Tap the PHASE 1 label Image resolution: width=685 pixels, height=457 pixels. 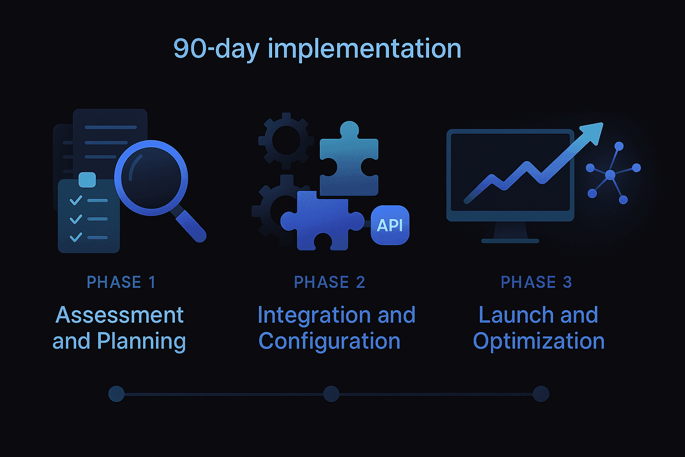coord(121,282)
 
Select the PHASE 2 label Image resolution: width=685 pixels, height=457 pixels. coord(330,282)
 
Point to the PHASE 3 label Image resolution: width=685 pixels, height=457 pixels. coord(536,282)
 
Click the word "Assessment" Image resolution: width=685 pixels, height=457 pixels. coord(120,315)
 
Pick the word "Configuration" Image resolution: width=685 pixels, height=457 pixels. coord(329,341)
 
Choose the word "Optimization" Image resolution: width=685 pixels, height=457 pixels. coord(539,341)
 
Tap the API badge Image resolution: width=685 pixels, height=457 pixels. coord(390,225)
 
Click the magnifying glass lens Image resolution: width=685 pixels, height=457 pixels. coord(151,177)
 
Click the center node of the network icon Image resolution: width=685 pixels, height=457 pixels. coord(610,175)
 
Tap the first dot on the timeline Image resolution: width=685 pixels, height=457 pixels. coord(116,394)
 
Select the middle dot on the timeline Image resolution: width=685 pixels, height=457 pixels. coord(331,394)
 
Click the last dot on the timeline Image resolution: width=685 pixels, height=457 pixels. coord(541,394)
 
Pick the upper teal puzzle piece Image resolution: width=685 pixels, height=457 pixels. coord(349,161)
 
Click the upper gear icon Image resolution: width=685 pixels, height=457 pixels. coord(285,140)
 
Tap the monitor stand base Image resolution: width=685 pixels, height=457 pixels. coord(510,241)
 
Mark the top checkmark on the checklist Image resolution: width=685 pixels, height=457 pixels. coord(76,200)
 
